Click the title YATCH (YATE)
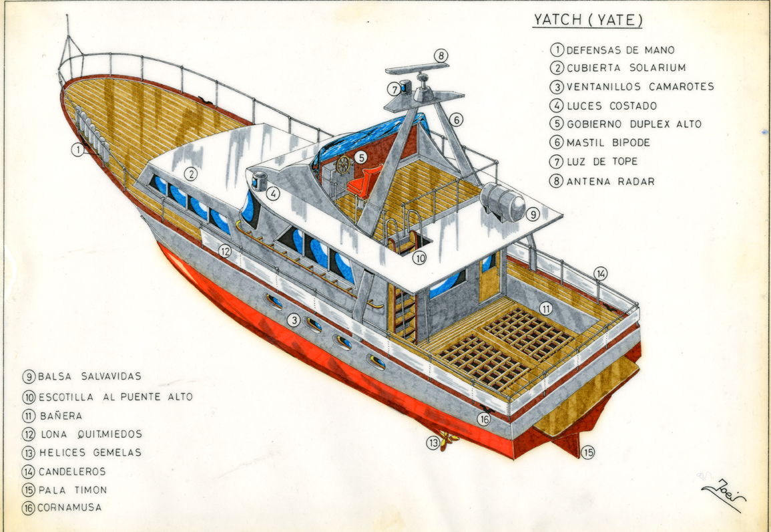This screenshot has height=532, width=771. (x=588, y=20)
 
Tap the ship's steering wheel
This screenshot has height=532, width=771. (x=342, y=165)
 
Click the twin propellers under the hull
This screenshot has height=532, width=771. (x=447, y=442)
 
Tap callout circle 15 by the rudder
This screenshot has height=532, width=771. (x=587, y=452)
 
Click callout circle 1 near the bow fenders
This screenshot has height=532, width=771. (x=78, y=150)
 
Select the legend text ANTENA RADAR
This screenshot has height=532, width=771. (x=610, y=181)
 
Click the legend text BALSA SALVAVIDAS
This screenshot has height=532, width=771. (x=89, y=376)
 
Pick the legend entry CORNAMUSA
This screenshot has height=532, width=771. (x=69, y=507)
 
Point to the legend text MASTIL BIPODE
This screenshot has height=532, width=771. (x=607, y=142)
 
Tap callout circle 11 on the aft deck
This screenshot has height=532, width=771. (x=546, y=309)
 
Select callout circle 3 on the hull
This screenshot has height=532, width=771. (x=294, y=320)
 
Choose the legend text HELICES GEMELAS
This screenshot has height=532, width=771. (x=90, y=452)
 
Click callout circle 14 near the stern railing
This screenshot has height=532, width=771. (x=601, y=273)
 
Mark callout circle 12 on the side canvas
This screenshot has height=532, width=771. (x=226, y=251)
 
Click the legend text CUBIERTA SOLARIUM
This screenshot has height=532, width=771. (x=626, y=68)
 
